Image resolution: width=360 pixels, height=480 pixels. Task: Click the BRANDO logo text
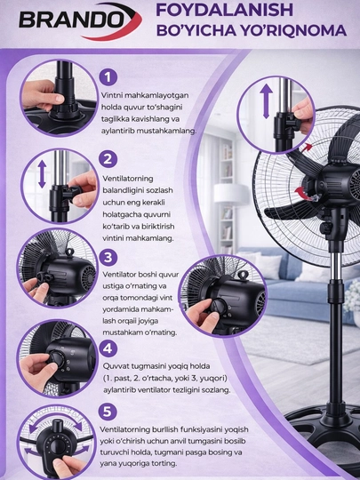coord(72,20)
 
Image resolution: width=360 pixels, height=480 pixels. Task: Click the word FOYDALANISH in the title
coord(224,10)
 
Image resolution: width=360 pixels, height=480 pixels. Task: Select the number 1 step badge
coord(108,76)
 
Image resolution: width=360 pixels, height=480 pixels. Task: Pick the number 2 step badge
coord(108,159)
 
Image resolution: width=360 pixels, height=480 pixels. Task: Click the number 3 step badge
coord(108,257)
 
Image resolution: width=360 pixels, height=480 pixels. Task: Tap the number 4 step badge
coord(108,348)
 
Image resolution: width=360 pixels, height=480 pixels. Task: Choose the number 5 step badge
coord(108,412)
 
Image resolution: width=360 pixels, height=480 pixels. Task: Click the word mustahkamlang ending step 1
coord(166,131)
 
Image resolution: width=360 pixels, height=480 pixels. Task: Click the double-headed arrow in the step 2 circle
coord(42,174)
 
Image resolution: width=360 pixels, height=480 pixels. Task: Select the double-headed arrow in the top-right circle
coord(267,101)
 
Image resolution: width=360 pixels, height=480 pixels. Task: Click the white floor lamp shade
coord(231,193)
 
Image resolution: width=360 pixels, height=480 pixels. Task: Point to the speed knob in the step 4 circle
coord(57,359)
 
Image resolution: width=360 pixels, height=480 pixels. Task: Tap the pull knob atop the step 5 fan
coord(57,426)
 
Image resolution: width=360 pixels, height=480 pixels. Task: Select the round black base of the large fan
coord(324,432)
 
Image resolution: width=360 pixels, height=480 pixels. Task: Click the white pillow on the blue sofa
coord(269,266)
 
